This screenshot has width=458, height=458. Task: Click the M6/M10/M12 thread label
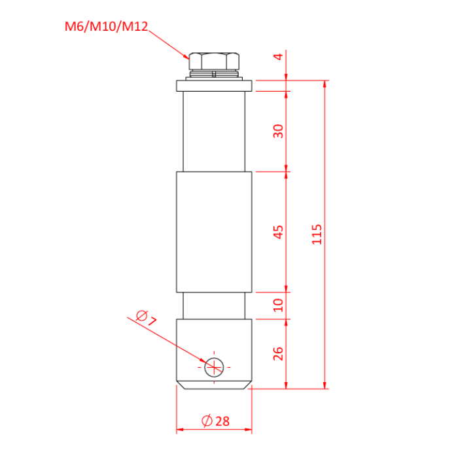pyautogui.click(x=106, y=27)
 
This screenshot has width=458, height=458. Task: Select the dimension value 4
pyautogui.click(x=279, y=58)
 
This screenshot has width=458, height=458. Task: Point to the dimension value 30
pyautogui.click(x=279, y=131)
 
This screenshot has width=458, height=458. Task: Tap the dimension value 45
pyautogui.click(x=279, y=232)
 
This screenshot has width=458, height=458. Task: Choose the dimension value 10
pyautogui.click(x=279, y=305)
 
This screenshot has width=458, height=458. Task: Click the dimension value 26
pyautogui.click(x=279, y=353)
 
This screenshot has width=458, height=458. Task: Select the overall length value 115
pyautogui.click(x=317, y=234)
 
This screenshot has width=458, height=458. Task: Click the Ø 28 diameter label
pyautogui.click(x=215, y=421)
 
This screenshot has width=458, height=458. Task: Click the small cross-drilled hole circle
pyautogui.click(x=214, y=368)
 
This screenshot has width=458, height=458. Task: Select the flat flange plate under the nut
pyautogui.click(x=213, y=86)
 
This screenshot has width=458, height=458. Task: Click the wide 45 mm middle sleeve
pyautogui.click(x=213, y=232)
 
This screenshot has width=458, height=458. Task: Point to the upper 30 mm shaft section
pyautogui.click(x=213, y=131)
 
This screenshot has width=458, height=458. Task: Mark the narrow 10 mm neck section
pyautogui.click(x=213, y=305)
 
